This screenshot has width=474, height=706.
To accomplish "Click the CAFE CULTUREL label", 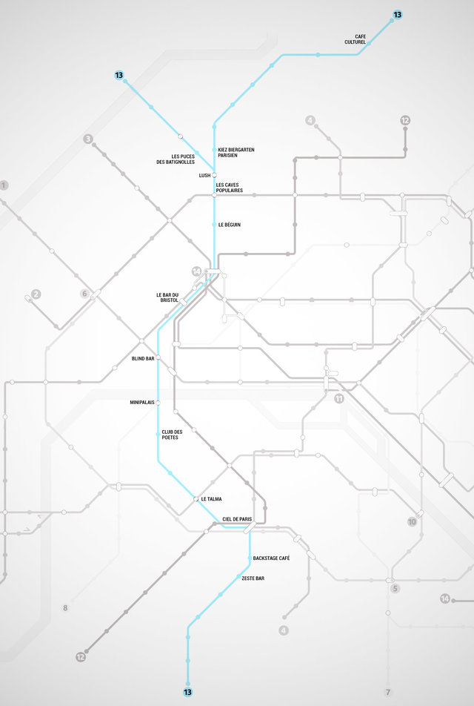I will click(x=355, y=39).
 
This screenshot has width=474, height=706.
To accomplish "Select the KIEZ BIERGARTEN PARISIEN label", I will click(x=236, y=153).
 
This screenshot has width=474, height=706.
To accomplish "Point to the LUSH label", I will click(x=205, y=176).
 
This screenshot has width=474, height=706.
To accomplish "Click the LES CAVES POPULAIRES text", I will click(x=230, y=188).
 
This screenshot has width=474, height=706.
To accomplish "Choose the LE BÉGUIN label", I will click(x=230, y=224).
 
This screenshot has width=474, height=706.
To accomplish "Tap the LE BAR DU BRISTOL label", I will click(x=168, y=297).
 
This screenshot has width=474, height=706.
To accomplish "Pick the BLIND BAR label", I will click(x=143, y=358).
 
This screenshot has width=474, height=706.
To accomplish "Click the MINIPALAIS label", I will click(x=142, y=403).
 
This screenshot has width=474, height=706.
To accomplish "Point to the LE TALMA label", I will click(x=211, y=499).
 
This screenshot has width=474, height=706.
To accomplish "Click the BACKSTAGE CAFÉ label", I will click(x=271, y=558).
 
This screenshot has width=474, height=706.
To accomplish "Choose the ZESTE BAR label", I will click(x=253, y=578).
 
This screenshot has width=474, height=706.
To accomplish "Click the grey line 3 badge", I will click(x=88, y=139).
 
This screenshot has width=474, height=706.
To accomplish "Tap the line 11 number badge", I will click(x=339, y=398).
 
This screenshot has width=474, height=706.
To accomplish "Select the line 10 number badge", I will click(x=413, y=522).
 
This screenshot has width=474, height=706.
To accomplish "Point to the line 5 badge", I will click(x=395, y=589).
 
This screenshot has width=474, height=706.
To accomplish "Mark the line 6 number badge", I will click(x=84, y=294).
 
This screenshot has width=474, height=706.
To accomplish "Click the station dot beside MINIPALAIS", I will click(x=158, y=403).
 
